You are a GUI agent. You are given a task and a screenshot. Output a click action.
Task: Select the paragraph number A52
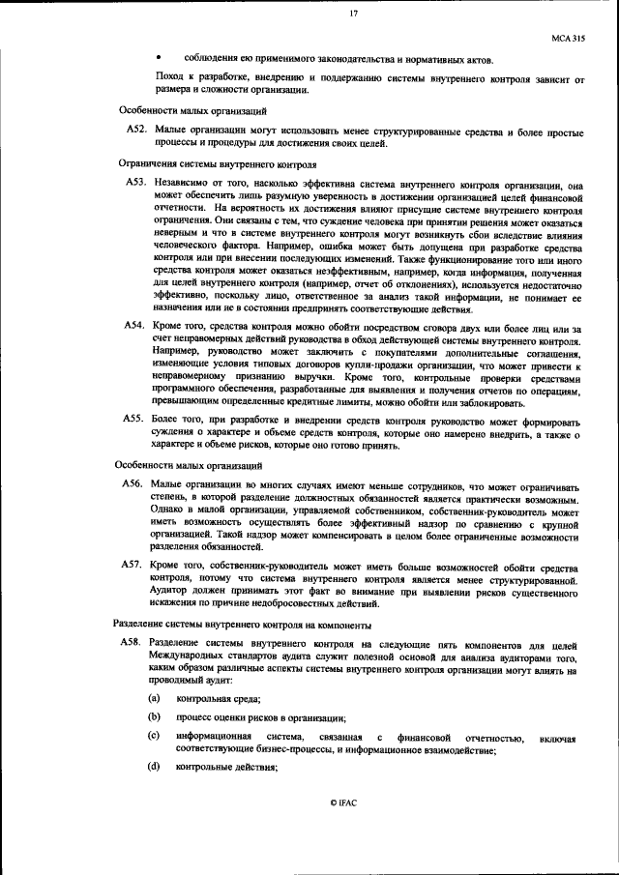[x=136, y=130]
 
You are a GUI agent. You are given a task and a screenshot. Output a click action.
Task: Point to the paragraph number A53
[x=136, y=181]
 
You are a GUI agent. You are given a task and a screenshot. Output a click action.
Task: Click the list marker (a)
[x=154, y=697]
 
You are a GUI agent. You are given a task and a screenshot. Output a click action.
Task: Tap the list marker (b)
[x=154, y=716]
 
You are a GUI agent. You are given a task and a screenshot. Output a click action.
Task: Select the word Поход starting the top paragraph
[x=168, y=76]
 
